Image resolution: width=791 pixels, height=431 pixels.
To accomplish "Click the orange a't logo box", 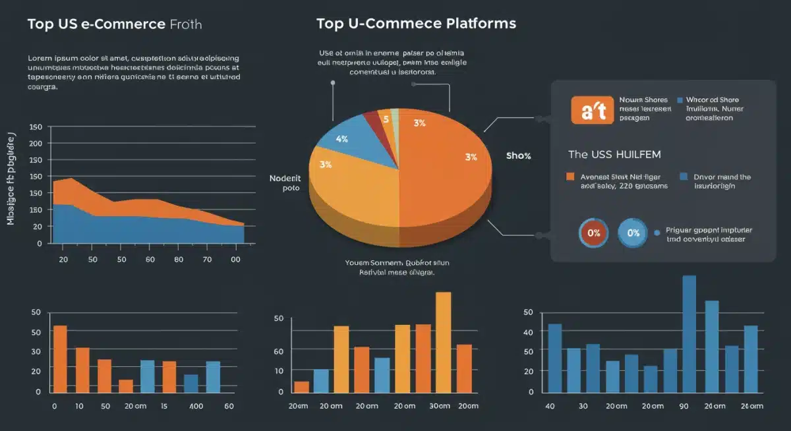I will [x=592, y=109].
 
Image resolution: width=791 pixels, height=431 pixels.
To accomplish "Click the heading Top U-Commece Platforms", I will [x=415, y=24].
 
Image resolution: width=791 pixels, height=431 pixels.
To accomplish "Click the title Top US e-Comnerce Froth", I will [x=114, y=24].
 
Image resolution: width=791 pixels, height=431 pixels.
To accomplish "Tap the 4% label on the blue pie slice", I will [x=341, y=139].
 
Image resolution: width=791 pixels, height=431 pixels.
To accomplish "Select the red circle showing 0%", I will [x=594, y=232].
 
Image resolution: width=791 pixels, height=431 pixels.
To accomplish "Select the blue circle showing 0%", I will [x=633, y=232].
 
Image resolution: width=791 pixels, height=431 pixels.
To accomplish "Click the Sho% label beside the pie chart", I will [x=518, y=156].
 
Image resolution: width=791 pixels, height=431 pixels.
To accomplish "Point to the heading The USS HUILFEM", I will [x=614, y=154].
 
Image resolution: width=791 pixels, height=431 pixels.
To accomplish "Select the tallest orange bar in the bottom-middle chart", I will [x=444, y=341].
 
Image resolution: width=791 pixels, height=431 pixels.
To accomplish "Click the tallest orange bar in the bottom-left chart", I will [x=60, y=358].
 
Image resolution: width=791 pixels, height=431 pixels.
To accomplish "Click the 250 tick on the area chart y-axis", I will [x=36, y=143].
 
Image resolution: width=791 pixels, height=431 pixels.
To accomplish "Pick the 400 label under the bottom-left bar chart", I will [x=196, y=407].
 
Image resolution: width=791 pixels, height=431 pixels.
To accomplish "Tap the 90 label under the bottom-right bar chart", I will [x=684, y=407].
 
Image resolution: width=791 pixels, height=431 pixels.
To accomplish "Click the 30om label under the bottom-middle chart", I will [x=439, y=407].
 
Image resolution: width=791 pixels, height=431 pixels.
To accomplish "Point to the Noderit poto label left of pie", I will [x=285, y=183].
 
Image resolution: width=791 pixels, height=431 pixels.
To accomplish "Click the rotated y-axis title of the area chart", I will [x=11, y=178].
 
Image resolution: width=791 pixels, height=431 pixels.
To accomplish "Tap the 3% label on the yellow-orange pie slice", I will [x=325, y=165].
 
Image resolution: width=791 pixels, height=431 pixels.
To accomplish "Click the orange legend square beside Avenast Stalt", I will [x=571, y=177].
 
